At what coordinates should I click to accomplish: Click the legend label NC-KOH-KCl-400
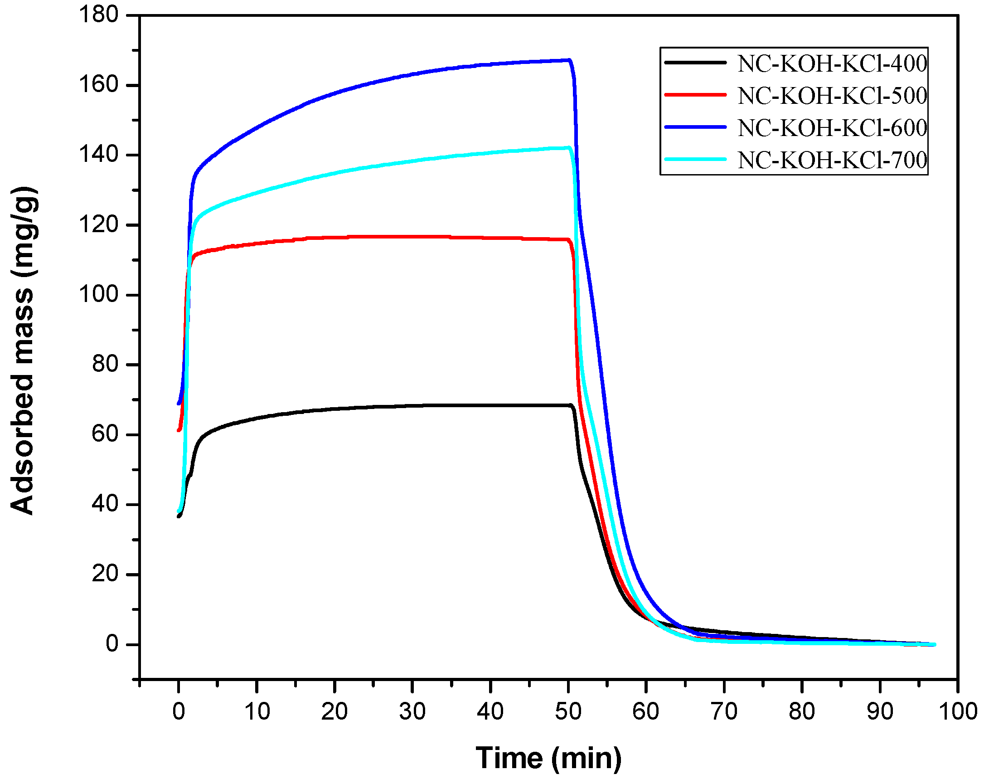coord(832,63)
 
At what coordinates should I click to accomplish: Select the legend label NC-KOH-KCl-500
coord(832,95)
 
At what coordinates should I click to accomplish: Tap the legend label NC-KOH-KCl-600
coord(832,128)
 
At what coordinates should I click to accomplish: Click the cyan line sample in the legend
coord(695,159)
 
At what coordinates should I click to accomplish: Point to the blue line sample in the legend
coord(695,127)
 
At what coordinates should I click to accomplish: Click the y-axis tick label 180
coord(98,15)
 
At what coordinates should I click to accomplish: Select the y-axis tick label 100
coord(98,294)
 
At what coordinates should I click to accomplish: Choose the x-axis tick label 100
coord(958,711)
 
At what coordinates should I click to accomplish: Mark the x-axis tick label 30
coord(412,711)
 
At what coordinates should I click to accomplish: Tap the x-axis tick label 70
coord(724,711)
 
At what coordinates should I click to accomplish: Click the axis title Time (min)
coord(548,758)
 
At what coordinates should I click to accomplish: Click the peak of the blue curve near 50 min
coord(569,60)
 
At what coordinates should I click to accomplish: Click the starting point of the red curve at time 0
coord(179,430)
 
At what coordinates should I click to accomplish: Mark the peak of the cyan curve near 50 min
coord(569,147)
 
